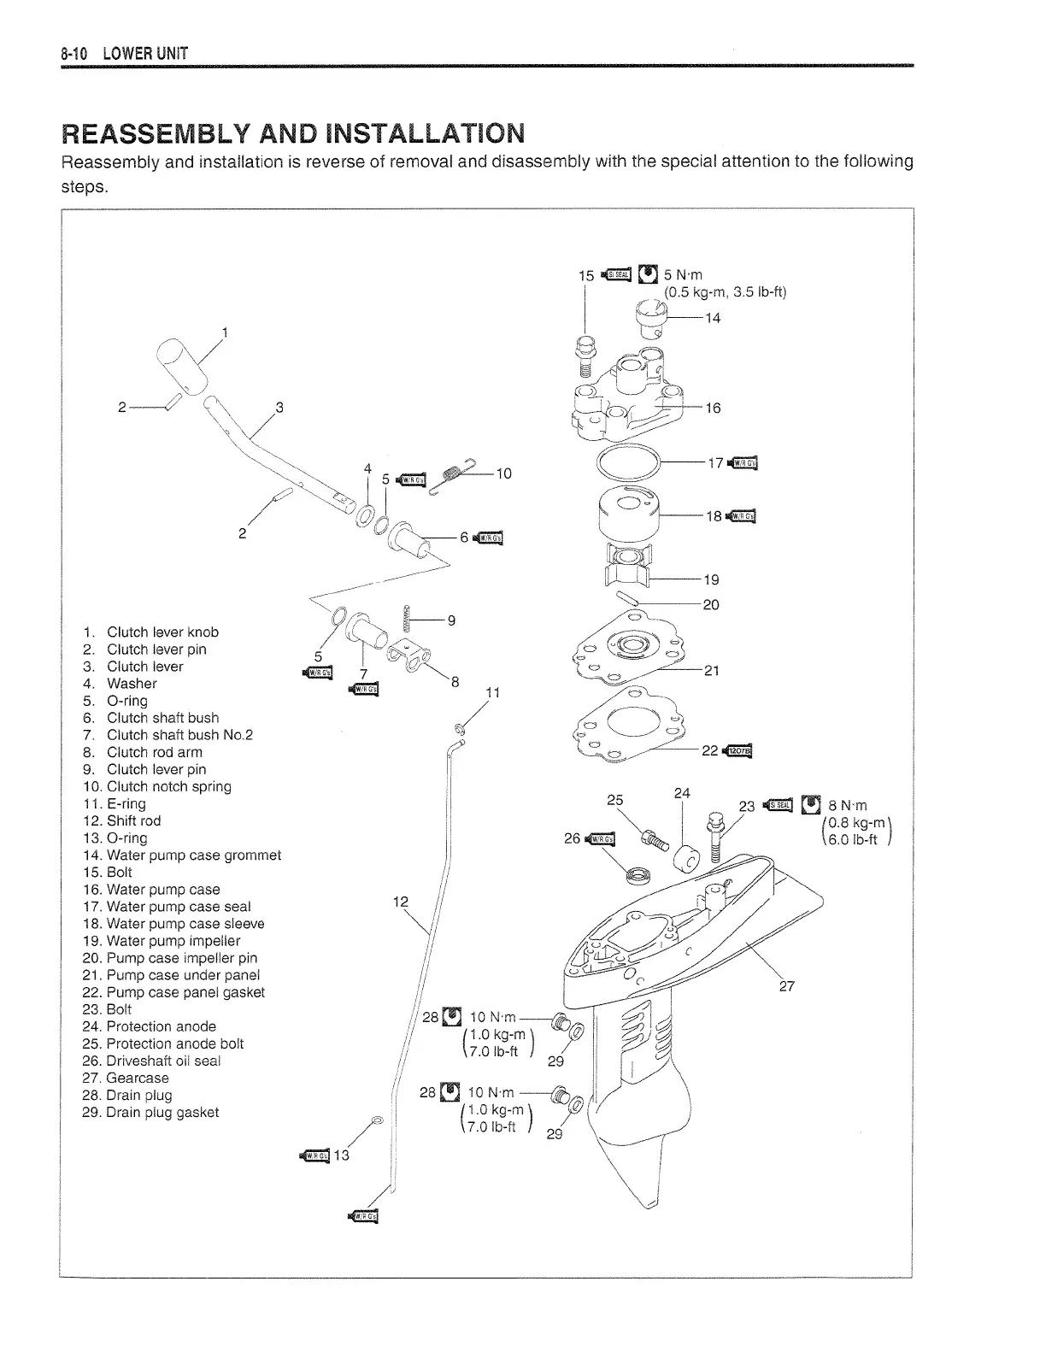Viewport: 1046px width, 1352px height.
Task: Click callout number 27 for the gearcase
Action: (x=787, y=986)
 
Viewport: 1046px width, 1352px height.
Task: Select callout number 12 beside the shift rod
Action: (x=400, y=902)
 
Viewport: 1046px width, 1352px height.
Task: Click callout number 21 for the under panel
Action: (x=711, y=671)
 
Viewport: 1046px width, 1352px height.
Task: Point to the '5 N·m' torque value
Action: (x=683, y=275)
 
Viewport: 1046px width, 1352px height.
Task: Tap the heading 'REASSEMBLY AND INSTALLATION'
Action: (x=293, y=134)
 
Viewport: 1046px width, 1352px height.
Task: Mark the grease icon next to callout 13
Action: (x=315, y=1156)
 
